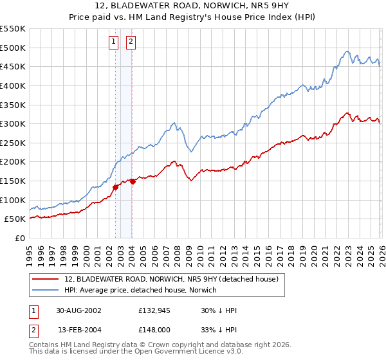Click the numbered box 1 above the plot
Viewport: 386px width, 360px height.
click(x=114, y=42)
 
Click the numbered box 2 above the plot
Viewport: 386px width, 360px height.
click(x=131, y=42)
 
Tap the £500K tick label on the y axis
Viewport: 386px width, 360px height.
click(x=13, y=48)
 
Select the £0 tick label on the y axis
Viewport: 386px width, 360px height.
click(x=20, y=238)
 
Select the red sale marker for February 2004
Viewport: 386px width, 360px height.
click(x=133, y=181)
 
